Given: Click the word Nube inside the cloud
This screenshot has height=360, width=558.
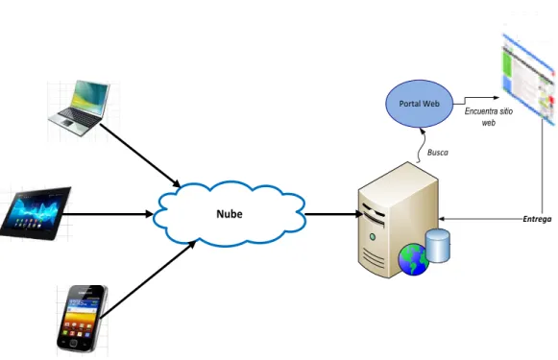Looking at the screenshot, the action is click(x=230, y=214).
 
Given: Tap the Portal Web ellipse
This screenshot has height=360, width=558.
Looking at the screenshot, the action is click(x=419, y=104).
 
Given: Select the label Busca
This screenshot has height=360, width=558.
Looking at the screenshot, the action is click(x=438, y=153).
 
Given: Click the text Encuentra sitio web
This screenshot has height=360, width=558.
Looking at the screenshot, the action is click(x=489, y=117).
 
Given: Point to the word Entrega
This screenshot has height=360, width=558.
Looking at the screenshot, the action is click(x=537, y=219).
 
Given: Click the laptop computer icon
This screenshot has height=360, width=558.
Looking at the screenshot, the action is click(x=79, y=108).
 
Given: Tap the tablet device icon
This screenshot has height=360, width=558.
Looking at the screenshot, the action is click(x=36, y=213).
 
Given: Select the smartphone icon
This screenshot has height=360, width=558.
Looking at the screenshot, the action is click(x=82, y=319).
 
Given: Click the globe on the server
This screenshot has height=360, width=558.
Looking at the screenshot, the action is click(x=414, y=259).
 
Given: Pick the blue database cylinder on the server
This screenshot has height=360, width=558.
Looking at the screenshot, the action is click(x=438, y=246).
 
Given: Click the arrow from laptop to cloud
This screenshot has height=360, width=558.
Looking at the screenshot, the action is click(x=140, y=156).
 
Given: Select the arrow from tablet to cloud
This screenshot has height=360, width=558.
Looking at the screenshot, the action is click(x=108, y=214).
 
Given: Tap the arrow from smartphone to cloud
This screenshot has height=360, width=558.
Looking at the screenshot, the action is click(x=148, y=279).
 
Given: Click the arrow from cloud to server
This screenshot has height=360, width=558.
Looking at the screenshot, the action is click(x=334, y=214).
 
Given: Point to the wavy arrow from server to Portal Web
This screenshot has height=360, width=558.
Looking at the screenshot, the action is click(x=421, y=146).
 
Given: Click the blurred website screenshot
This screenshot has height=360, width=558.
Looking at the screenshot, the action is click(x=529, y=79).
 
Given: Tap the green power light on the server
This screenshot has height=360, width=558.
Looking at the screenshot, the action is click(x=373, y=236).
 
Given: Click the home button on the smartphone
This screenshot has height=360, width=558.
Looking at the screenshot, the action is click(x=74, y=344).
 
